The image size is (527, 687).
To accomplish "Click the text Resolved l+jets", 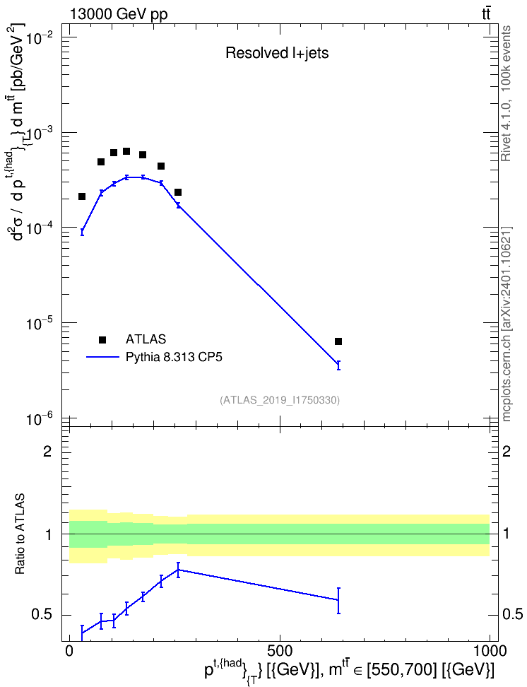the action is (277, 53).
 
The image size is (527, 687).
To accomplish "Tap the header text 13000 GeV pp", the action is (119, 14).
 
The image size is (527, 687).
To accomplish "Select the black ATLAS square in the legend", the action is (102, 339).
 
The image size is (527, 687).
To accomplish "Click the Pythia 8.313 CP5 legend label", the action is (174, 357).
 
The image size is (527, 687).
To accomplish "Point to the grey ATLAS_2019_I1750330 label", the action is (280, 400).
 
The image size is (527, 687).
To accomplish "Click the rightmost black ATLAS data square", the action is (338, 341).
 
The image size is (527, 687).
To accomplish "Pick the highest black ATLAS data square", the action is (126, 151).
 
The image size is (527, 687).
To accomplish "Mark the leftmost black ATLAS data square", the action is (82, 196).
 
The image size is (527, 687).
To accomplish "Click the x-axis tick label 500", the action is (280, 650).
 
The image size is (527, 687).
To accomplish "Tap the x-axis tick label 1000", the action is (490, 650).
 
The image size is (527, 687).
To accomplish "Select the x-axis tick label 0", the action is (69, 650).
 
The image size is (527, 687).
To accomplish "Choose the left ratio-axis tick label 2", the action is (47, 451).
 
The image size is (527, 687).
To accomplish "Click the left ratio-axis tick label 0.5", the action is (42, 615).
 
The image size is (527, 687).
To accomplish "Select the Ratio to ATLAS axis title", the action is (20, 534).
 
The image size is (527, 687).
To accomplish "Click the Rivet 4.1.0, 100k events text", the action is (506, 93).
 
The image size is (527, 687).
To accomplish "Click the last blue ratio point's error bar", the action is (338, 601).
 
